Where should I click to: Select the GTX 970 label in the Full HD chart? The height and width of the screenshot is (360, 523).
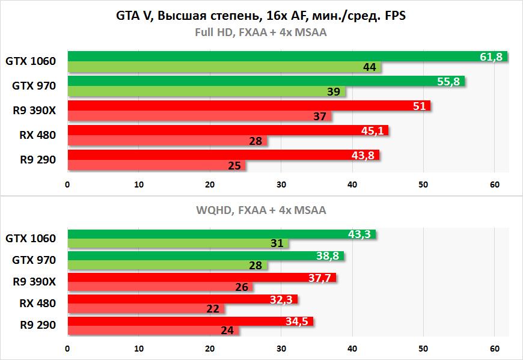[x=34, y=85]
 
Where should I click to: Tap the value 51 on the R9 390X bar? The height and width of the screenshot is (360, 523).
[x=420, y=106]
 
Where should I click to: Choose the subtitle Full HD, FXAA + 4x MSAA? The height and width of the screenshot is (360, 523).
[x=261, y=32]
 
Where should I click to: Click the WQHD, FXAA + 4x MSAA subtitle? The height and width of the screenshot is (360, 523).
[x=261, y=210]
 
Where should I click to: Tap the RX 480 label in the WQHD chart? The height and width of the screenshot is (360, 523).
[x=37, y=304]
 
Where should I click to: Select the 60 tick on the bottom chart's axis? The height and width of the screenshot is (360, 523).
[x=494, y=347]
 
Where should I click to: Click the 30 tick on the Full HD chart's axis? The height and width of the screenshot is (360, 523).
[x=281, y=185]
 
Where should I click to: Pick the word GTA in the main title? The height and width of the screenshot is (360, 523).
[x=127, y=16]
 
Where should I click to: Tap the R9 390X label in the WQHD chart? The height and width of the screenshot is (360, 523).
[x=34, y=282]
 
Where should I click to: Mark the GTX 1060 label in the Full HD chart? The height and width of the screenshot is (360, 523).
[x=31, y=61]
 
